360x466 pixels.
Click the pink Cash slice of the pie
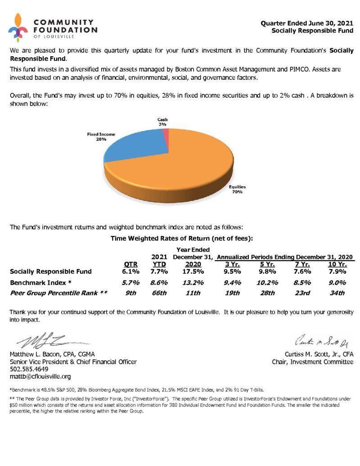tap(166, 136)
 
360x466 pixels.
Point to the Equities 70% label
tap(237, 189)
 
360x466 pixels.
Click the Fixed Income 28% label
tap(101, 136)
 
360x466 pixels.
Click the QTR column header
tap(130, 264)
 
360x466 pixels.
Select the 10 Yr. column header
tap(337, 264)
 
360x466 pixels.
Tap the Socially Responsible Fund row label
tap(51, 271)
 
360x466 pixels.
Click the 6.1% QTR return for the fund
tap(130, 271)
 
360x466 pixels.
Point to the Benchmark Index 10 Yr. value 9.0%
tap(337, 283)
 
